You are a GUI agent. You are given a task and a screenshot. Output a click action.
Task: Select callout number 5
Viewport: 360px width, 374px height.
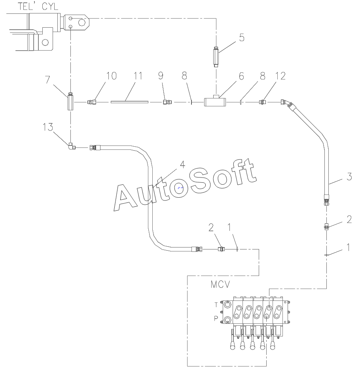[242, 38]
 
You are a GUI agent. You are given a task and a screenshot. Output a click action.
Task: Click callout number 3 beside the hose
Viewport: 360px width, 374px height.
[349, 176]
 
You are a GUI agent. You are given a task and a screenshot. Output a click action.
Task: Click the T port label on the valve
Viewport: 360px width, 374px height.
[216, 305]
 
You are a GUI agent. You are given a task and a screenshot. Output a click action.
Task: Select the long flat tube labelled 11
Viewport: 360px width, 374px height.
[129, 102]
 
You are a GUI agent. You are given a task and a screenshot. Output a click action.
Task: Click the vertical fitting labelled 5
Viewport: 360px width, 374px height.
[216, 57]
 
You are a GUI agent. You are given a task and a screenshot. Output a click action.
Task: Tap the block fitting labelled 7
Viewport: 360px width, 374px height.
[70, 102]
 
